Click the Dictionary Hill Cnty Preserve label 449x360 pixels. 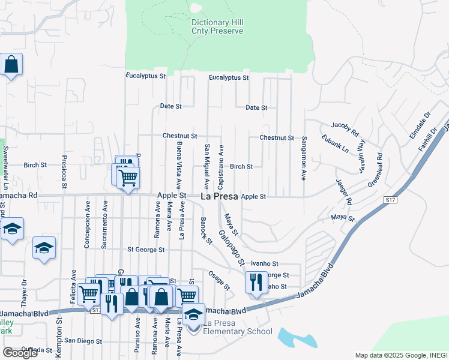click(x=217, y=26)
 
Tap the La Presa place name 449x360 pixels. click(x=219, y=196)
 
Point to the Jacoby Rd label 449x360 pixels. click(x=345, y=128)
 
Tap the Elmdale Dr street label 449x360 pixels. click(x=420, y=125)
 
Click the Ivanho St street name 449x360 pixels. click(x=265, y=263)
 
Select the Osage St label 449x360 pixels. click(x=219, y=280)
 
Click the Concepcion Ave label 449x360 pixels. click(x=88, y=224)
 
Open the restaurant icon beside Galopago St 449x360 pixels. click(x=256, y=281)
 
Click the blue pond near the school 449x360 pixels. click(x=298, y=337)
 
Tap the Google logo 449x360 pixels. click(x=20, y=353)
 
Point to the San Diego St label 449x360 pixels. click(x=83, y=341)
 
